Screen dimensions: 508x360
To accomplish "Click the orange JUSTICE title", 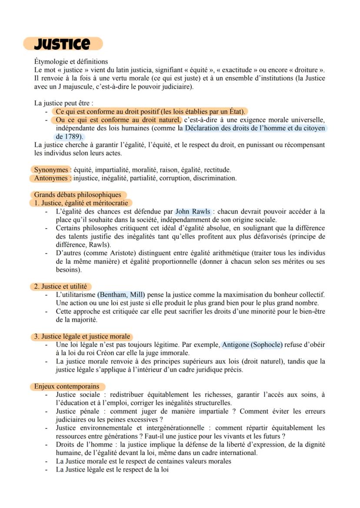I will (63, 44).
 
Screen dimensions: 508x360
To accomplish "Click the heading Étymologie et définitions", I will (71, 62).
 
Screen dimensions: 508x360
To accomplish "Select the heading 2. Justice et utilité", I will (60, 286).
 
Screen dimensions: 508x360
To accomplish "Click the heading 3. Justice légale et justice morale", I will (82, 336).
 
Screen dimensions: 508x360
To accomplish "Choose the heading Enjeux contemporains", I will (67, 386).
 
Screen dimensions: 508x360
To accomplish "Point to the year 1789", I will (72, 136).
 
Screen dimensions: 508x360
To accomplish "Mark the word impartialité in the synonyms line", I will (113, 169).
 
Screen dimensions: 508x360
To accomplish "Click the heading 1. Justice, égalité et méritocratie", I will (81, 203).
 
